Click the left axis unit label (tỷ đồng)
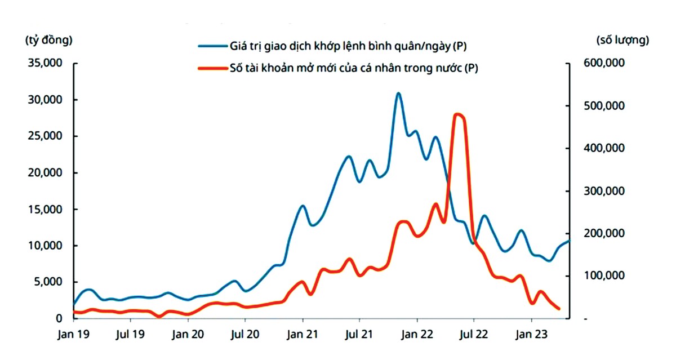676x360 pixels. [x=49, y=40]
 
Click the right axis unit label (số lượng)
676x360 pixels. [x=622, y=40]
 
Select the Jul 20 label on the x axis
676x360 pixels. [x=245, y=334]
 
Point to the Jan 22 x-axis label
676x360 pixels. [x=416, y=334]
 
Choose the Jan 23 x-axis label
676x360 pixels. [x=531, y=334]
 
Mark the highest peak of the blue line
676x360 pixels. [x=398, y=94]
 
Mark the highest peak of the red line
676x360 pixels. [x=458, y=114]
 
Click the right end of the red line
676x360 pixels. [x=558, y=308]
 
